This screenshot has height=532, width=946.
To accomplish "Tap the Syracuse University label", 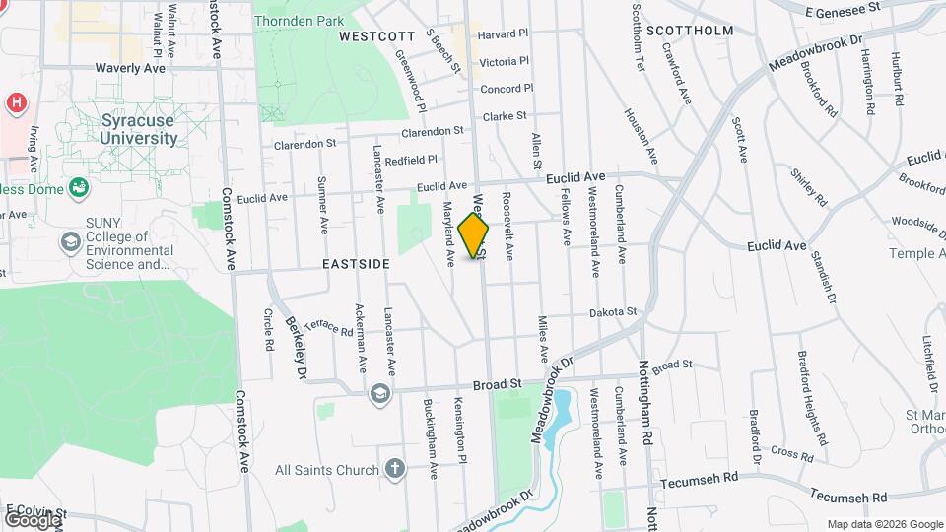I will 139,129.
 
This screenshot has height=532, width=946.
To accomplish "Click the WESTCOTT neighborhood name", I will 376,35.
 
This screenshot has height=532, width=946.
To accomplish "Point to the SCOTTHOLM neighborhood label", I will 691,31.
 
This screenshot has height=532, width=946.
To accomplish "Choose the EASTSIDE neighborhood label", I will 355,264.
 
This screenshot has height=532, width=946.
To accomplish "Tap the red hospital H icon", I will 16,101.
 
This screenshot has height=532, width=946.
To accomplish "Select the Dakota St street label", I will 613,312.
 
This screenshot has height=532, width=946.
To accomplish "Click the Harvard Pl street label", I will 503,33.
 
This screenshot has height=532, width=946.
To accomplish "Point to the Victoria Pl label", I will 504,61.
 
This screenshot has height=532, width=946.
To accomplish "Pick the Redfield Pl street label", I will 411,160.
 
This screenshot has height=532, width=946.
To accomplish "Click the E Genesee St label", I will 842,10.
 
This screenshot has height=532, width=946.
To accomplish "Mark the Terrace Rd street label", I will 328,327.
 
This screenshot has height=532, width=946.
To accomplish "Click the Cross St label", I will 791,452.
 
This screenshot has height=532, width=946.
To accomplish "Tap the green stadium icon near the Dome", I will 77,187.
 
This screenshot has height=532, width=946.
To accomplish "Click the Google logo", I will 32,518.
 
